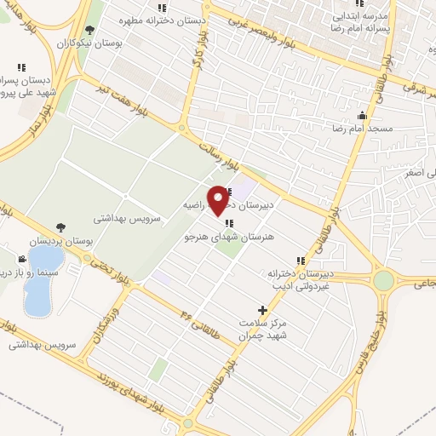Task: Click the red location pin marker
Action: pyautogui.click(x=218, y=198)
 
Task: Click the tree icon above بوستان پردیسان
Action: pyautogui.click(x=60, y=227)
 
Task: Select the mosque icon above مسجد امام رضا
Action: pyautogui.click(x=364, y=116)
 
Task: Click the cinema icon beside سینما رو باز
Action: pyautogui.click(x=21, y=259)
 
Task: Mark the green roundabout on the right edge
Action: pyautogui.click(x=384, y=279)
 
